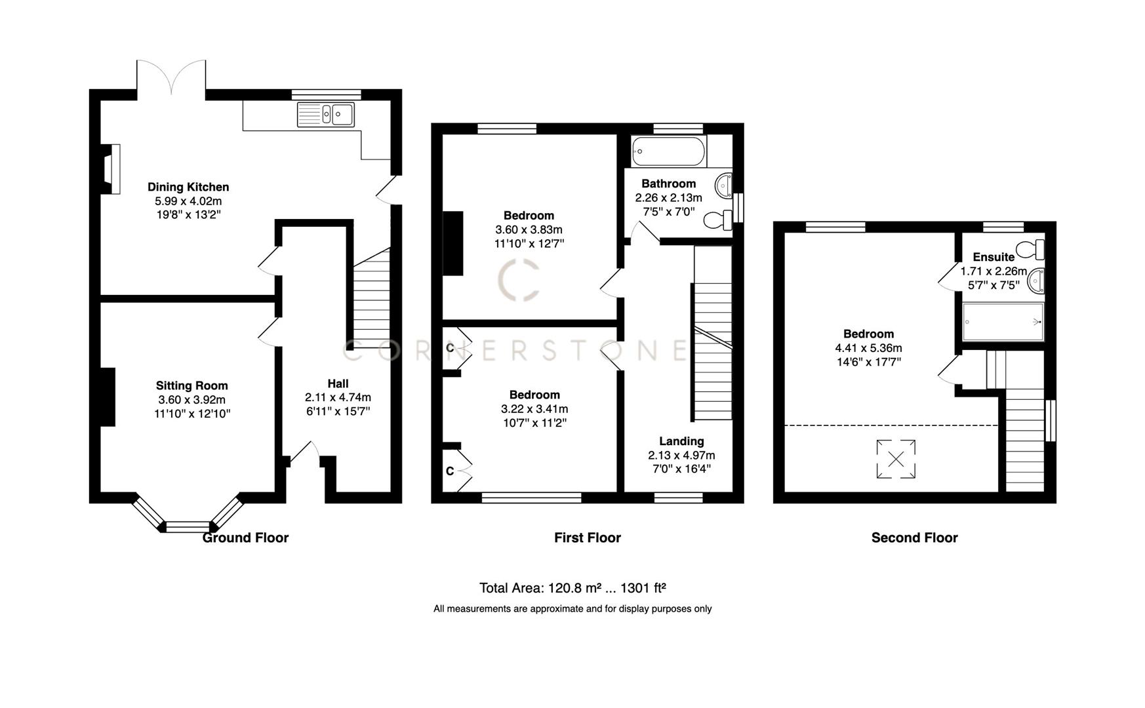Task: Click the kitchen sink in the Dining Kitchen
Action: [x=326, y=115]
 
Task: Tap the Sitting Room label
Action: [x=191, y=385]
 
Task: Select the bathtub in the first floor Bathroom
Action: [x=669, y=151]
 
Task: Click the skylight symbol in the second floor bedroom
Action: [x=896, y=459]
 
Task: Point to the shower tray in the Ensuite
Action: [x=1003, y=322]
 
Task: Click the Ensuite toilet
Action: [x=1030, y=250]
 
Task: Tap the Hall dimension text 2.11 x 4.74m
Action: [x=338, y=397]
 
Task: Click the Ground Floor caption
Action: [x=245, y=538]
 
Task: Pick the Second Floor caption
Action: [x=914, y=538]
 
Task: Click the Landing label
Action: [x=681, y=441]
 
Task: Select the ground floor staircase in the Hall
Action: [x=372, y=298]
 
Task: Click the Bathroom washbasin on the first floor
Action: [x=725, y=185]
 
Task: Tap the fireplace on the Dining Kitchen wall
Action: [x=112, y=169]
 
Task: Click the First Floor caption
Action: [x=587, y=538]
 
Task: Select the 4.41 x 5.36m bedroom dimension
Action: [x=868, y=348]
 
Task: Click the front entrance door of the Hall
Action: [x=305, y=452]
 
